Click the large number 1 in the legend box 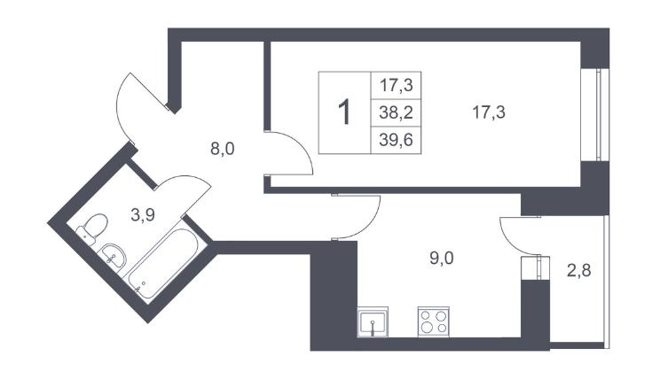345,113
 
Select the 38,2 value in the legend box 397,112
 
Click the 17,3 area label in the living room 494,112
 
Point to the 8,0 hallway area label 222,149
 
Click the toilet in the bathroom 92,227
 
